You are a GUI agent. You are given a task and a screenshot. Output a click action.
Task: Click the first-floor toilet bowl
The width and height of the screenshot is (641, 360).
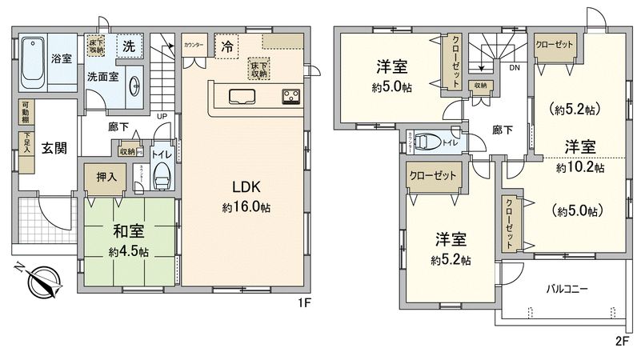(x=162, y=177)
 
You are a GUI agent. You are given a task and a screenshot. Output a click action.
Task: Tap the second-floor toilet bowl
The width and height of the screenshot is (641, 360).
(x=428, y=142)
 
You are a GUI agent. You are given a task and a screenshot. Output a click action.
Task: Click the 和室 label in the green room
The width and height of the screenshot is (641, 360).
(x=128, y=233)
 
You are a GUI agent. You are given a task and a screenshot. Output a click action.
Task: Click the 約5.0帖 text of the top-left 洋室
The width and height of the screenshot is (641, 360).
(x=387, y=88)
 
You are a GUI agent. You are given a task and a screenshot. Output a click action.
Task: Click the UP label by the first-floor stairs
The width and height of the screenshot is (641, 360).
(x=162, y=116)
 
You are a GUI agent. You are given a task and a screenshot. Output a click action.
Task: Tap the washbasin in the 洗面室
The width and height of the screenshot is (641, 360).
(x=134, y=84)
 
